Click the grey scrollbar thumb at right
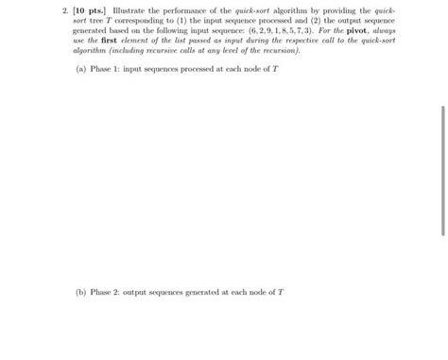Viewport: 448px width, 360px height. pyautogui.click(x=442, y=170)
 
